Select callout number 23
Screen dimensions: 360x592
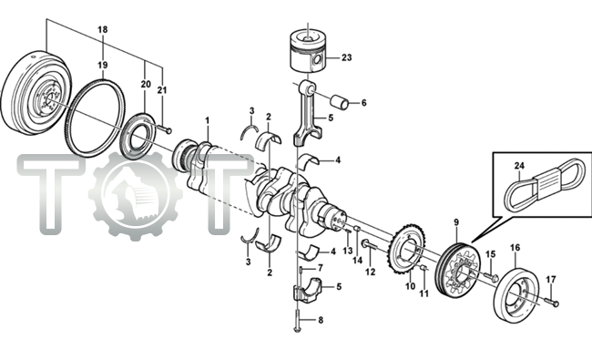pyautogui.click(x=345, y=57)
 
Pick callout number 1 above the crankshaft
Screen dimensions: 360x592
pyautogui.click(x=207, y=120)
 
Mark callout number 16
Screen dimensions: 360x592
pyautogui.click(x=515, y=247)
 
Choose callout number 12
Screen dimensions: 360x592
pyautogui.click(x=370, y=271)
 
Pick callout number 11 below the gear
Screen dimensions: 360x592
pyautogui.click(x=424, y=294)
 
